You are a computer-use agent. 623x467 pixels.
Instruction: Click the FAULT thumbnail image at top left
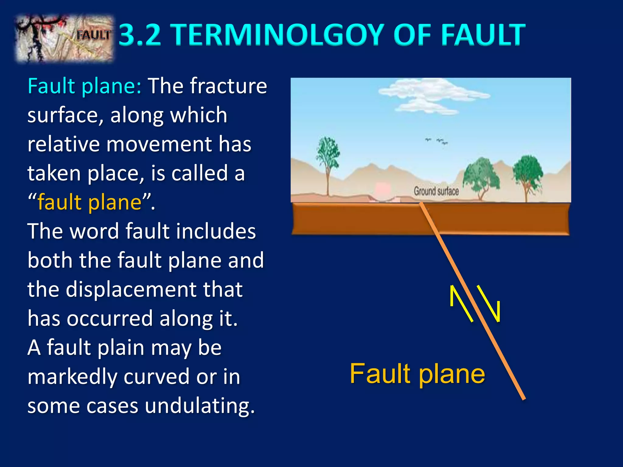coord(64,38)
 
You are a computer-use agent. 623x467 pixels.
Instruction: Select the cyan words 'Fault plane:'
coord(84,86)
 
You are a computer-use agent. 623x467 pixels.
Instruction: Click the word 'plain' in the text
coord(121,348)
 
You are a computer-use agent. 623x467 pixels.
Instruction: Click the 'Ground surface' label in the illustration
coord(436,191)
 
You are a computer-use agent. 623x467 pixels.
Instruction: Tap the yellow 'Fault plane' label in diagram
coord(417,374)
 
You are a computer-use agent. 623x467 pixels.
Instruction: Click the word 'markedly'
coord(72,377)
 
